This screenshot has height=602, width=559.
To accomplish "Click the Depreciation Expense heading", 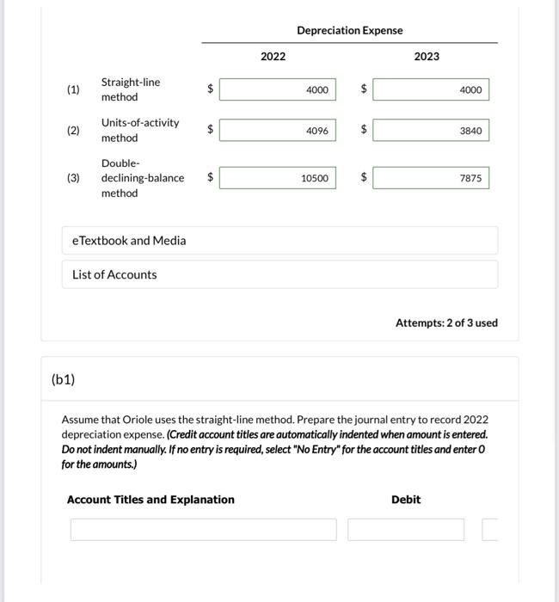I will click(x=349, y=30).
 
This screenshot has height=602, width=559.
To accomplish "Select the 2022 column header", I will click(x=273, y=57).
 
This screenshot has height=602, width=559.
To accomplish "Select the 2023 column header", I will click(x=426, y=57).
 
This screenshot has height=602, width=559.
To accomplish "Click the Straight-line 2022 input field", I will click(x=278, y=89).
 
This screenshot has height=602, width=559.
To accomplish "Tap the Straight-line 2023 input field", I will click(x=431, y=89).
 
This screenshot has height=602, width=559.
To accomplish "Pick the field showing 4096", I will click(x=278, y=131).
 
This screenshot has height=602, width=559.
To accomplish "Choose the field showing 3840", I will click(x=431, y=131).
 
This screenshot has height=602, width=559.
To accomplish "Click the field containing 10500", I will click(x=278, y=178).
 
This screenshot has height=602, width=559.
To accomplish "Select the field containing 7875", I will click(x=431, y=178).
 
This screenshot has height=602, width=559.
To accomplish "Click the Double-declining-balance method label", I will click(x=142, y=178).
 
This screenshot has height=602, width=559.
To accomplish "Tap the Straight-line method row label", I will click(x=130, y=89).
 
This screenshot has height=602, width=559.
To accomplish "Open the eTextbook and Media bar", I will click(x=279, y=241).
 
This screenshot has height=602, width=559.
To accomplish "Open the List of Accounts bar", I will click(x=279, y=275).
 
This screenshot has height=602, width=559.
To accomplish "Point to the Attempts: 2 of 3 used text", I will click(x=445, y=323).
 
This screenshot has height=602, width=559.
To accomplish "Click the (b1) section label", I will click(x=64, y=379).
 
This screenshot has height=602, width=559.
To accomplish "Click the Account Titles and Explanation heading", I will click(x=150, y=500).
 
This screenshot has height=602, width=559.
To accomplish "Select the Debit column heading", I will click(x=406, y=500).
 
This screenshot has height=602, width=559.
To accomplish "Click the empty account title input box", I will click(x=204, y=530).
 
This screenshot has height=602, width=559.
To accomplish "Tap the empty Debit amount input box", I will click(x=406, y=530).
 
